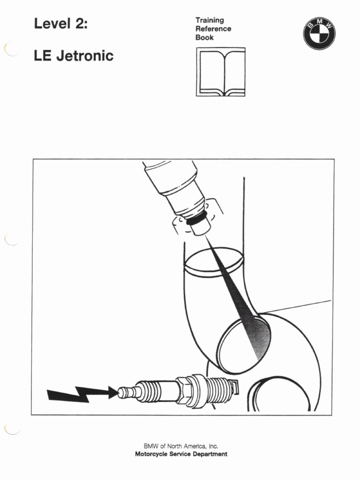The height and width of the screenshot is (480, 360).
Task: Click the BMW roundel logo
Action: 319,33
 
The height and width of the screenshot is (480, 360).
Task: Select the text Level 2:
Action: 60,24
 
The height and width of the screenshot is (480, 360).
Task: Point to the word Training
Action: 210,20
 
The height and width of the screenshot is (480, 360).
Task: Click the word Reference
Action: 213,29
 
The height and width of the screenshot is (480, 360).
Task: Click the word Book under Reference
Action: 204,37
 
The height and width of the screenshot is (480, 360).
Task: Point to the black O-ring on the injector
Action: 195,218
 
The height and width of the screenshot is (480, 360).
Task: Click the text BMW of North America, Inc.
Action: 181,446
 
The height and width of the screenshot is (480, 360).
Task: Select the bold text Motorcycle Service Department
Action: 181,454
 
